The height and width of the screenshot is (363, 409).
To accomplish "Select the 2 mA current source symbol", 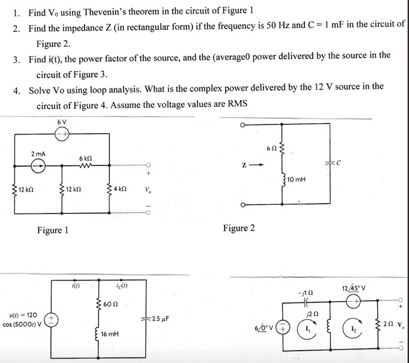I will click(x=36, y=166).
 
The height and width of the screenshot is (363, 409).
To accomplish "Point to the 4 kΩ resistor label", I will click(x=121, y=189).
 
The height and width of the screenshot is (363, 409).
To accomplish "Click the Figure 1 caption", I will click(x=53, y=231).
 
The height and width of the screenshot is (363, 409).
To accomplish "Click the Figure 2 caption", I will click(x=239, y=228).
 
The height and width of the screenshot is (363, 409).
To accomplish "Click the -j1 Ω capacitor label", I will click(x=306, y=292).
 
